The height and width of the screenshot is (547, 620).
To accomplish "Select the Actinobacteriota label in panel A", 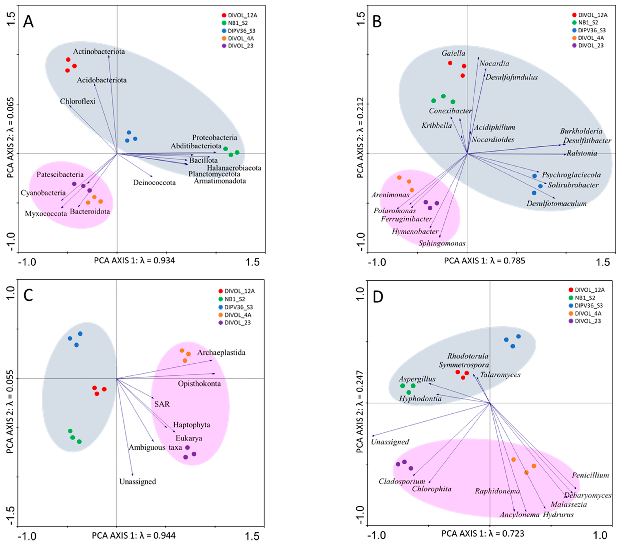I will [x=99, y=52].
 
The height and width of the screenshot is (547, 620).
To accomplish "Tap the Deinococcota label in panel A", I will [x=154, y=183].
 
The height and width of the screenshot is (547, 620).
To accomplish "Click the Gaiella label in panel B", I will [x=453, y=53].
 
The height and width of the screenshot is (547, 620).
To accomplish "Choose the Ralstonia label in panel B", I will [x=582, y=153].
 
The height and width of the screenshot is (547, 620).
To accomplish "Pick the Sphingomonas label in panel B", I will [x=442, y=243].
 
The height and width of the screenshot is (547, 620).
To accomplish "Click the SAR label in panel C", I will [x=162, y=404].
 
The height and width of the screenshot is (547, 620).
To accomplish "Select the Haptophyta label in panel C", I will [x=191, y=425].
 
